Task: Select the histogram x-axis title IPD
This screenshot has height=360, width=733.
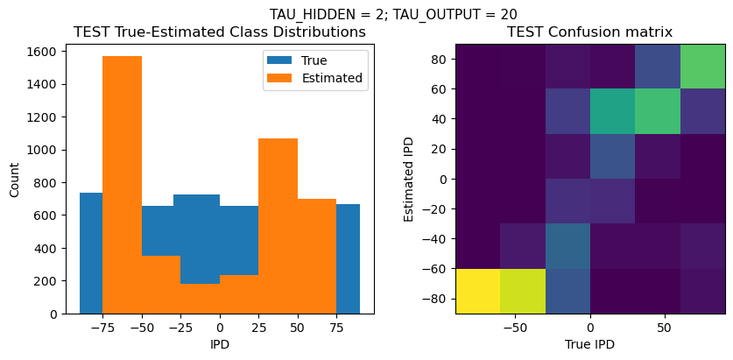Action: (x=219, y=344)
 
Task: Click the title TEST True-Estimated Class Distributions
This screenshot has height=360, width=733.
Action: (x=219, y=32)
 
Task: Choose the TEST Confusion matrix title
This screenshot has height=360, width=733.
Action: (x=590, y=32)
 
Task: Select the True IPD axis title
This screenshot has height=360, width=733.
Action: (x=590, y=344)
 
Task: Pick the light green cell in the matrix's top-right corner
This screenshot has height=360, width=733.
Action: (x=702, y=66)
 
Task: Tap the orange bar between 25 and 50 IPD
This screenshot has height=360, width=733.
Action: (x=278, y=225)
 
